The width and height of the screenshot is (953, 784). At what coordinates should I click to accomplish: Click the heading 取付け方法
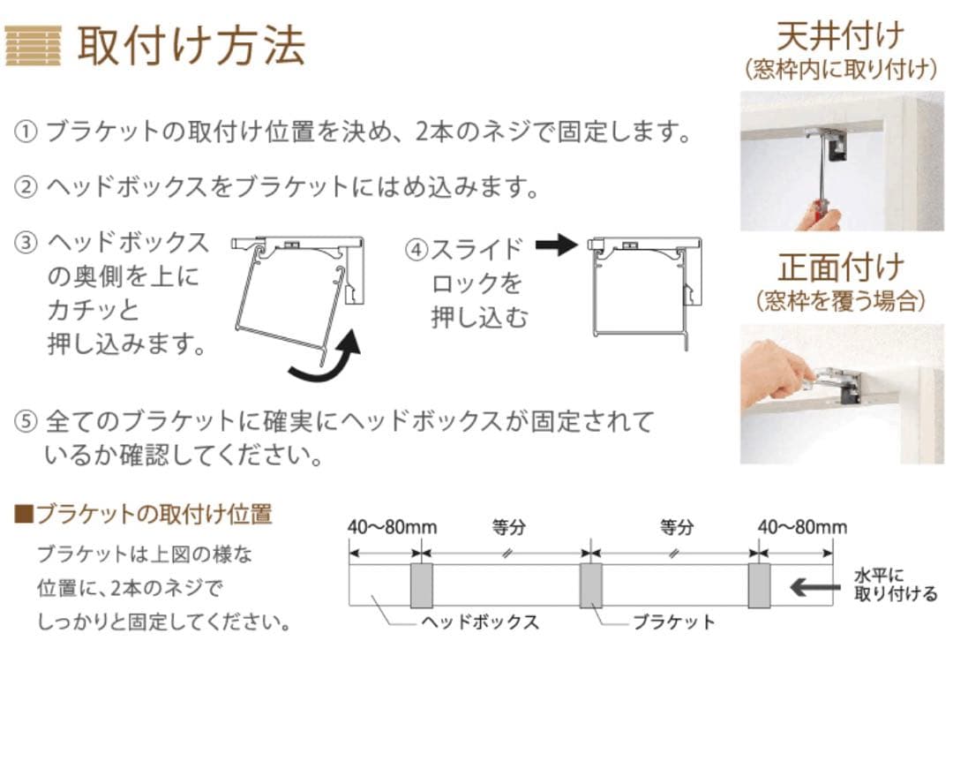pyautogui.click(x=191, y=45)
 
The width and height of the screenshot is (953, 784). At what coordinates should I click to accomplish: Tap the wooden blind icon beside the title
pyautogui.click(x=33, y=45)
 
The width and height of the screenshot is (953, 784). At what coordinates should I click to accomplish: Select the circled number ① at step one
pyautogui.click(x=26, y=132)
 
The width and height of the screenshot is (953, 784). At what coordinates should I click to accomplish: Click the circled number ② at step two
pyautogui.click(x=26, y=187)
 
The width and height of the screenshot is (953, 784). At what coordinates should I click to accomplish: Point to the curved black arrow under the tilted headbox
pyautogui.click(x=326, y=360)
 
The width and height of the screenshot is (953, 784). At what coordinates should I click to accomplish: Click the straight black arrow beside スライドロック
pyautogui.click(x=556, y=245)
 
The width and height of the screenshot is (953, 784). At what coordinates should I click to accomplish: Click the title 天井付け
pyautogui.click(x=839, y=36)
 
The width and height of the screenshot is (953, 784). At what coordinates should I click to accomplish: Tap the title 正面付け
pyautogui.click(x=839, y=267)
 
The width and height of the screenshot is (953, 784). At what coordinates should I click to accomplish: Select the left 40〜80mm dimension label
pyautogui.click(x=392, y=527)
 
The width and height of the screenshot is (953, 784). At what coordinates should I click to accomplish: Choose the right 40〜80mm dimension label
pyautogui.click(x=802, y=527)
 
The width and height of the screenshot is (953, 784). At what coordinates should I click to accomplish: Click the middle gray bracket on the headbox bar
pyautogui.click(x=590, y=585)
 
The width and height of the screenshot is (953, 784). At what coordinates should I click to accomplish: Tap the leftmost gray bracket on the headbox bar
pyautogui.click(x=421, y=585)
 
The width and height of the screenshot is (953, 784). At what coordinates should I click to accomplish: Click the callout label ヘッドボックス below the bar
pyautogui.click(x=479, y=622)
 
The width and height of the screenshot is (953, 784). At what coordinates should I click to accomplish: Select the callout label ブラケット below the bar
pyautogui.click(x=673, y=622)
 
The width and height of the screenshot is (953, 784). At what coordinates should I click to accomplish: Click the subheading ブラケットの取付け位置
pyautogui.click(x=154, y=514)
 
